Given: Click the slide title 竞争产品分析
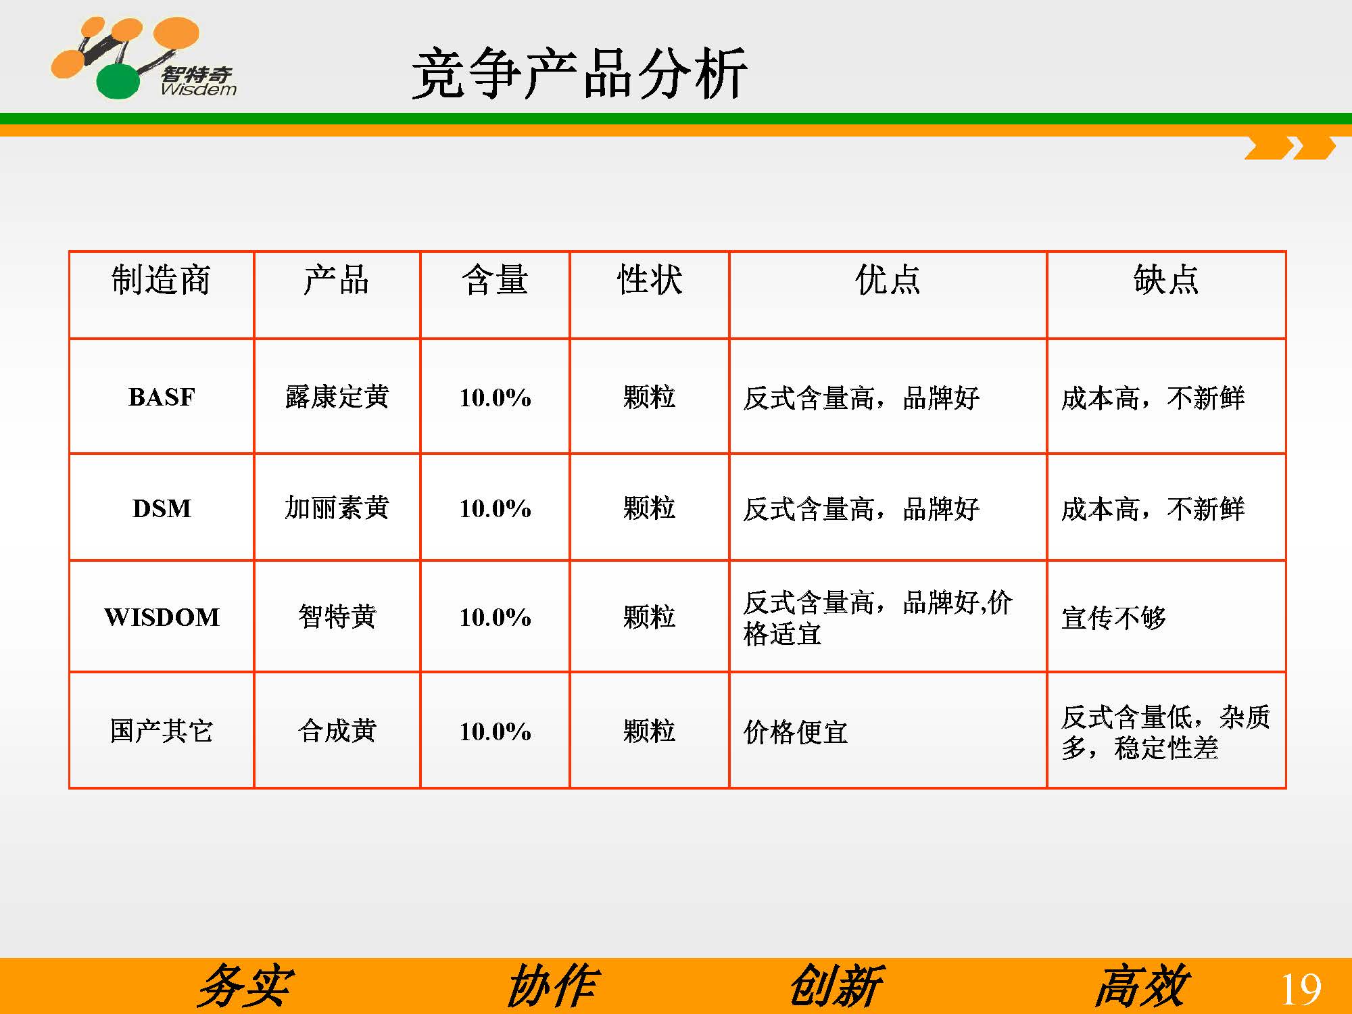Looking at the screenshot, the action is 579,74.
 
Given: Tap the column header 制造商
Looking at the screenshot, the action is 161,280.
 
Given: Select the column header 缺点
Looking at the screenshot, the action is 1166,280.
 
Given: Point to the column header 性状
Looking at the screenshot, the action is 650,280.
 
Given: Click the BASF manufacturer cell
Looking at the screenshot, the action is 162,397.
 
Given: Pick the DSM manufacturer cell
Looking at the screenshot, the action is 162,508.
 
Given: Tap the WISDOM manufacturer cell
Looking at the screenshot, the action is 162,617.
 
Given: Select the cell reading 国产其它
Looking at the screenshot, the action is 162,731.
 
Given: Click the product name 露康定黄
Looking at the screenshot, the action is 337,397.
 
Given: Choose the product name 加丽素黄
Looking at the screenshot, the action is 337,508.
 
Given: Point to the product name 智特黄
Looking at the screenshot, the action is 337,617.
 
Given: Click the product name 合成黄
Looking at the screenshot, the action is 337,731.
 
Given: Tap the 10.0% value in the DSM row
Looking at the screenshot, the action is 495,508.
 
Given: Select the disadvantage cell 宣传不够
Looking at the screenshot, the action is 1114,618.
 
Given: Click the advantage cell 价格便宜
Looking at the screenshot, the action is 796,731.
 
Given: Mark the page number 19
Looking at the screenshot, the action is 1301,990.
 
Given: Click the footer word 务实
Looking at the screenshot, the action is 245,986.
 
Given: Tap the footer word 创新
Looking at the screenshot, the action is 836,986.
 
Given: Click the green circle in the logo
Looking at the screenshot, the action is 118,81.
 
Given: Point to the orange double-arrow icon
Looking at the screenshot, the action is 1290,148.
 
